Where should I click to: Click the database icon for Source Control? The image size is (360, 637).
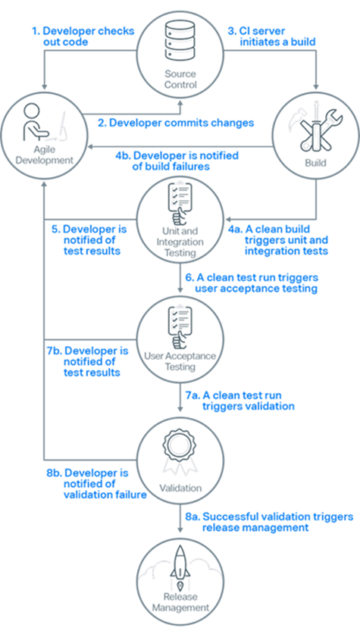(180, 42)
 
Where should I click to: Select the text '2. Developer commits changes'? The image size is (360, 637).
(175, 122)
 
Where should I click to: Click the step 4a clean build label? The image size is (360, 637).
(285, 239)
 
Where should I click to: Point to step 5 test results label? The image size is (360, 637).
(89, 239)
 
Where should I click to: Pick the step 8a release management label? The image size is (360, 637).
(268, 522)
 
